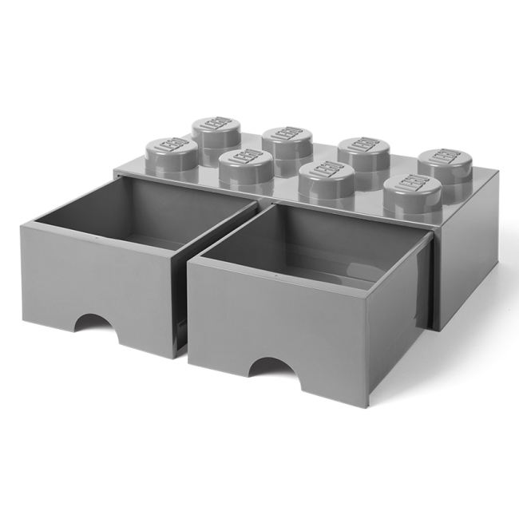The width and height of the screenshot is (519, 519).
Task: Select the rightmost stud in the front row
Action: (x=413, y=196)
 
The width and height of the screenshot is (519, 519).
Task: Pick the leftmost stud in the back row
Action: (x=216, y=137)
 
